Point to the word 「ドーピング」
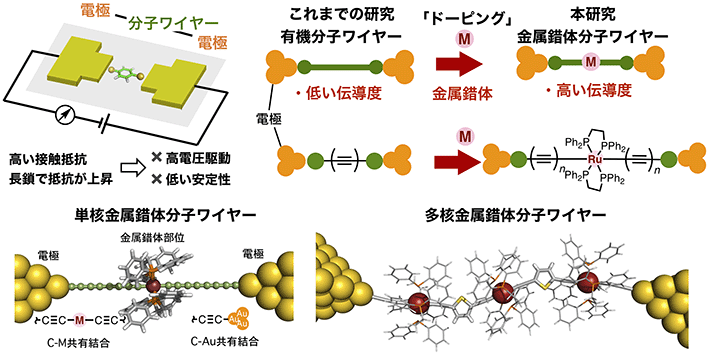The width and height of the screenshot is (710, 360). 458,12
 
